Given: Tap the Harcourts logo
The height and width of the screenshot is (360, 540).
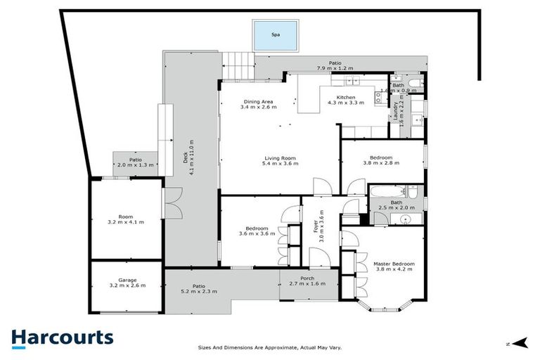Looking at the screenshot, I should [x=62, y=337].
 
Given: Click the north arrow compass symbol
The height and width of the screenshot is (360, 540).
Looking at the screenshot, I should [x=520, y=342].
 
